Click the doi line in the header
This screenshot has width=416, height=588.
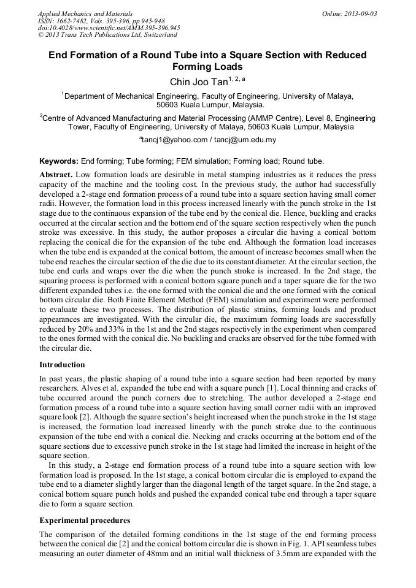[x=109, y=28]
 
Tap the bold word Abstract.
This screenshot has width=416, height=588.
[x=56, y=175]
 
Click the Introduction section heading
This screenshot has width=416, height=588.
[x=62, y=364]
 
